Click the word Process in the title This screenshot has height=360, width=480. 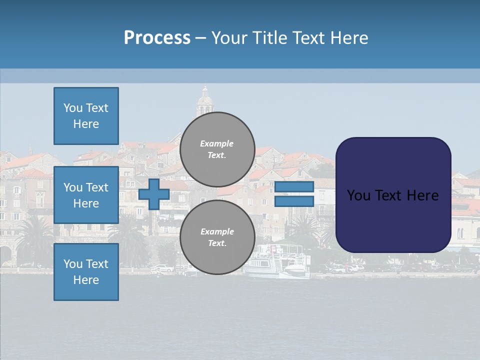tap(157, 37)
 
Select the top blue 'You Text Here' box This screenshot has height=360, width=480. tap(86, 116)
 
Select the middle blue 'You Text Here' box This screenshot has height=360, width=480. tap(86, 195)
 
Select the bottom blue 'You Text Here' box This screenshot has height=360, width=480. tap(86, 272)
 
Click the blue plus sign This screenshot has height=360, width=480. tap(154, 194)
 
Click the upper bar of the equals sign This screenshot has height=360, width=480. tap(294, 187)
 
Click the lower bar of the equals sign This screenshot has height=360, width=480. tap(294, 201)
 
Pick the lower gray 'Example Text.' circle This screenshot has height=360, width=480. tap(217, 237)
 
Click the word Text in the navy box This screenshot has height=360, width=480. tap(392, 195)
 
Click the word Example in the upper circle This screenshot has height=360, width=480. tap(216, 143)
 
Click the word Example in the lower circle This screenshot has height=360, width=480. tap(217, 231)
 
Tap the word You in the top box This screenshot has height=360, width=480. tap(73, 108)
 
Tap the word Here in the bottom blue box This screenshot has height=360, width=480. tap(86, 280)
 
